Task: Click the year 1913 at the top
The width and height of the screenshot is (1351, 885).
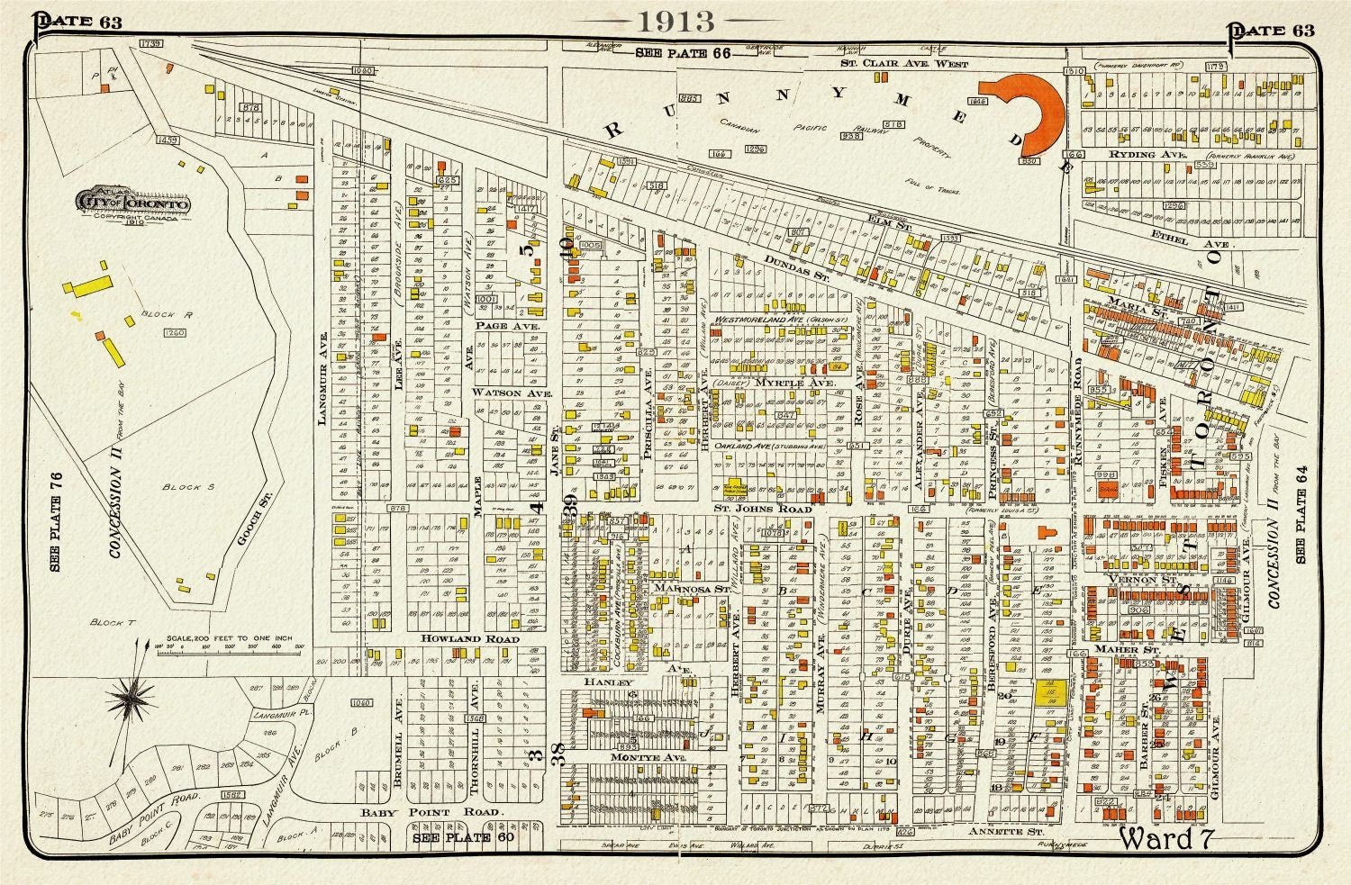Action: click(675, 22)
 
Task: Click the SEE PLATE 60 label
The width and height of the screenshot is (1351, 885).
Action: click(456, 836)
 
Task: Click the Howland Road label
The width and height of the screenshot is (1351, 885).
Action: click(471, 638)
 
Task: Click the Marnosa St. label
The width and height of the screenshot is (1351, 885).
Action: click(691, 589)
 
